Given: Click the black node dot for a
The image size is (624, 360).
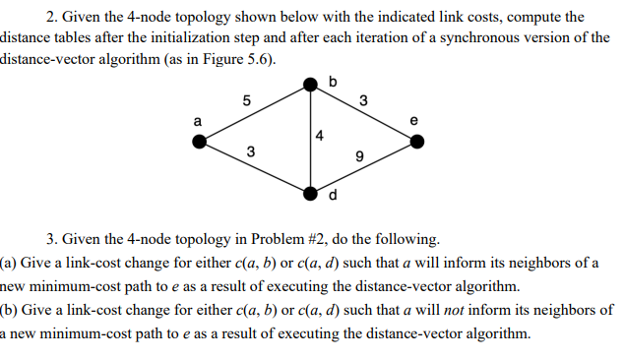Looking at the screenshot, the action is [201, 142].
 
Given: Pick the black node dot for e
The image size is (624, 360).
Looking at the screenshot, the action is [417, 142].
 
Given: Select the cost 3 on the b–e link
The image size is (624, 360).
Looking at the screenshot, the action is [363, 99].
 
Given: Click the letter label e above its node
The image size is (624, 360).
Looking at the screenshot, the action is [413, 121].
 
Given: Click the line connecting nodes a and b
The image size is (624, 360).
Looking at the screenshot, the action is [257, 114].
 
